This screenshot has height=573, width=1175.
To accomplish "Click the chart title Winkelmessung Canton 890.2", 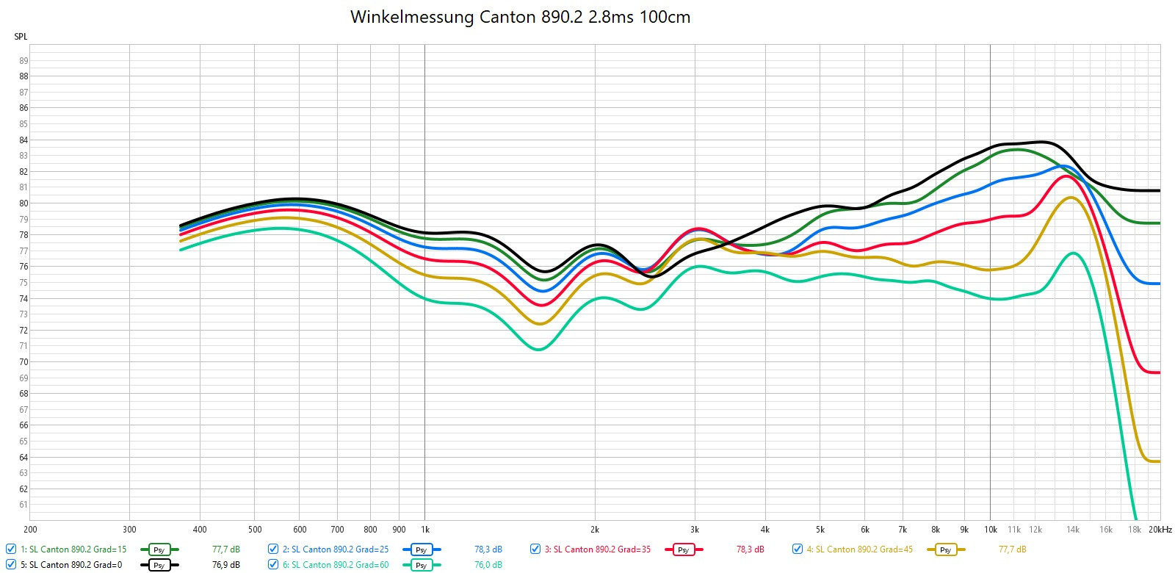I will [x=520, y=17].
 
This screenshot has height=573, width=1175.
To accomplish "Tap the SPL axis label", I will [x=21, y=37].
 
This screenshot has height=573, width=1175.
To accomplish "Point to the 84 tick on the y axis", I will [x=23, y=140].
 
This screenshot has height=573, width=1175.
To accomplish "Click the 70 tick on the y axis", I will [x=23, y=362].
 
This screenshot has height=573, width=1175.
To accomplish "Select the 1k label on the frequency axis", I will [x=424, y=529].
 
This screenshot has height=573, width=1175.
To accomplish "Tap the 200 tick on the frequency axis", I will [x=30, y=529].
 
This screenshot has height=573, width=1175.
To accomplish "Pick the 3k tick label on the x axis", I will [x=695, y=529].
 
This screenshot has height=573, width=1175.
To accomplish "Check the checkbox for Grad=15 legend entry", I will [x=11, y=549].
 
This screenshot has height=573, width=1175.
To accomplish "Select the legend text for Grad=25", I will [x=336, y=549].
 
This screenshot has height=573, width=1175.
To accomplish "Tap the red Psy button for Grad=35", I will [x=683, y=549].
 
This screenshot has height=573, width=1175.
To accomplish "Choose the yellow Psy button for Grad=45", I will [x=945, y=549].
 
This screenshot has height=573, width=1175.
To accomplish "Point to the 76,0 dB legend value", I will [x=488, y=565].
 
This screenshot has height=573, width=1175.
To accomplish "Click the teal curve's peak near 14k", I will [x=1074, y=253].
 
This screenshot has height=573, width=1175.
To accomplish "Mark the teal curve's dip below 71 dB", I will [x=539, y=349].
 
